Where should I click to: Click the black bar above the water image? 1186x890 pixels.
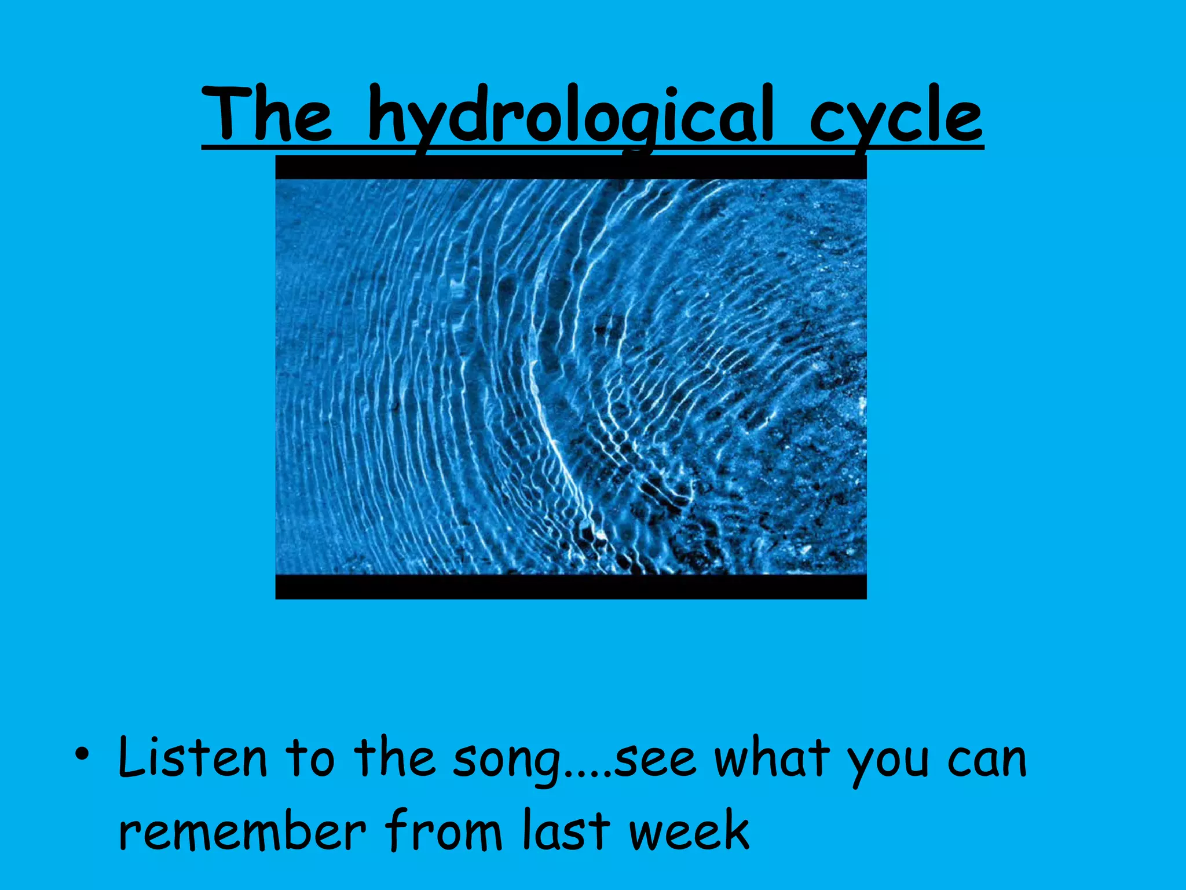coord(570,168)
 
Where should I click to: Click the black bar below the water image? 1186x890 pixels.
coord(570,586)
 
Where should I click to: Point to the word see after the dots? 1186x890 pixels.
coord(654,763)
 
